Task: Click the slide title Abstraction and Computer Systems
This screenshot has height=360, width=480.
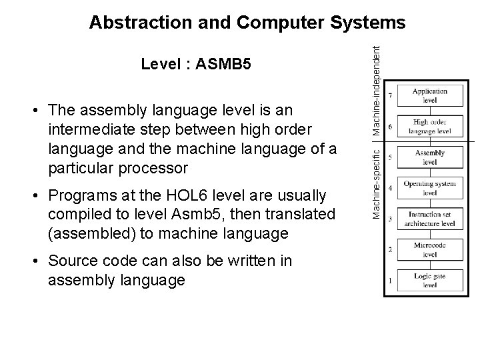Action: [247, 23]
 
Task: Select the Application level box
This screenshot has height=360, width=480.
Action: [429, 96]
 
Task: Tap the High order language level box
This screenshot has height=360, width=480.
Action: [429, 127]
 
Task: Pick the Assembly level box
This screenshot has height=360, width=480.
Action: [429, 157]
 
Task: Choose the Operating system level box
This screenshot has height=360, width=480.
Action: [429, 188]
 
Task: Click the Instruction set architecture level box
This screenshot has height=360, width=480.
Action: [429, 219]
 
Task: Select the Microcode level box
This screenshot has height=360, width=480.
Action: [429, 249]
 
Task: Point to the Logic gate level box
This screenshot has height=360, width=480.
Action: [429, 280]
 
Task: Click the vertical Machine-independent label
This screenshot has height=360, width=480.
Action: [377, 70]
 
